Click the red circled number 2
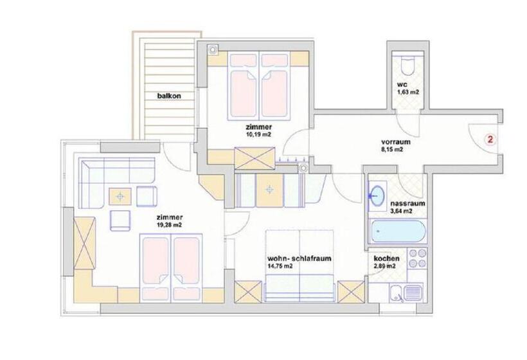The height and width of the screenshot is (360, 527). (490, 139)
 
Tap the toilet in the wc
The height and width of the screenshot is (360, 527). (408, 65)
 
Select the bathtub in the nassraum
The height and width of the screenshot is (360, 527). (398, 231)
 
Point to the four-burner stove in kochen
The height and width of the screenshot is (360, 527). (417, 258)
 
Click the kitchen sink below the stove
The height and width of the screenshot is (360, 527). (406, 293)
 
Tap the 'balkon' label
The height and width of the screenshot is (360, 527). (170, 96)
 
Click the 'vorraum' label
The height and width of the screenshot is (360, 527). (396, 142)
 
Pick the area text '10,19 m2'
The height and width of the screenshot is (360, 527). (258, 134)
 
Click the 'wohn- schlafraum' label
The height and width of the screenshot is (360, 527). (299, 258)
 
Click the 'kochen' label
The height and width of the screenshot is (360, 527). (387, 258)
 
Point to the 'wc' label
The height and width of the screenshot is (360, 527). (402, 85)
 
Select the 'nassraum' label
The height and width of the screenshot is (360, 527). (407, 203)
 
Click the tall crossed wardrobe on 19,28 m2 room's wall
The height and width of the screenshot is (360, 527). (85, 243)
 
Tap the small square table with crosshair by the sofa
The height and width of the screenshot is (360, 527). (120, 196)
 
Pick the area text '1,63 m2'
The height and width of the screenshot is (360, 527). (408, 92)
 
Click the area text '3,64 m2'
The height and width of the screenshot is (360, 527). (401, 211)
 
